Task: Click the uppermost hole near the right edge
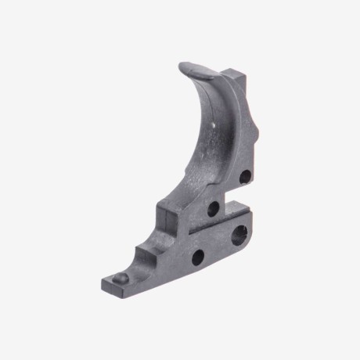tap(245, 177)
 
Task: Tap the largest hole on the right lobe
tap(239, 232)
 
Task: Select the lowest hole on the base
tap(196, 256)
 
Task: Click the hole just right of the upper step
tap(212, 208)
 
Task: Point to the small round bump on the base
tap(120, 279)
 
